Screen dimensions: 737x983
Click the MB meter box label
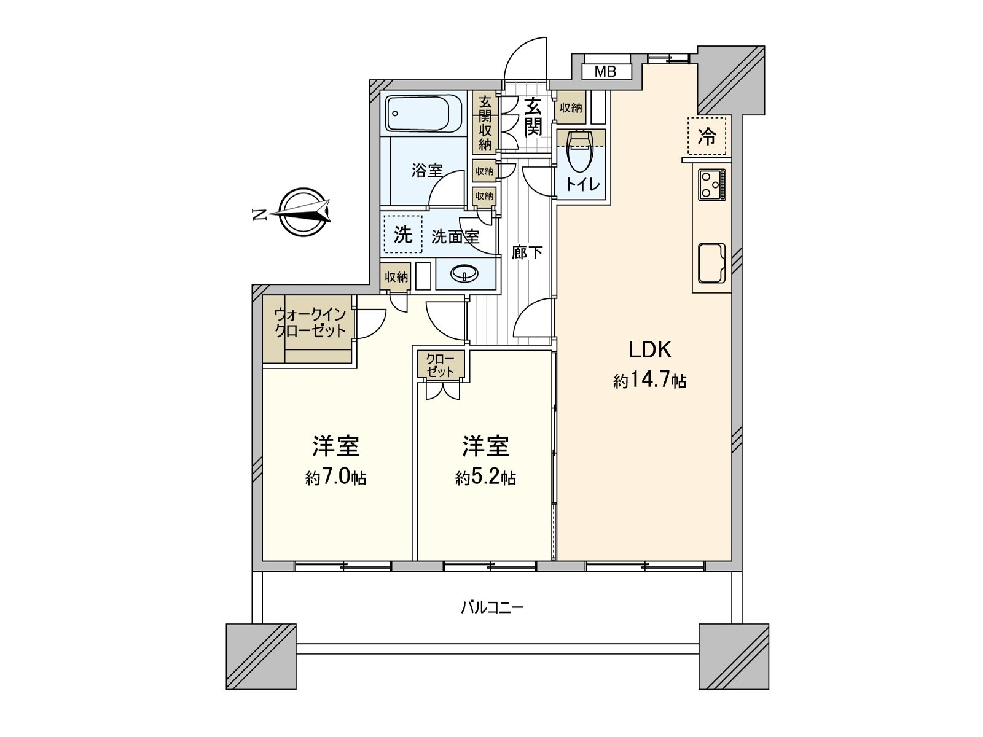(x=605, y=72)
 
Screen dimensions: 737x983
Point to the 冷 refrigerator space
(x=707, y=136)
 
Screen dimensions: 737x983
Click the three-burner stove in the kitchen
(x=711, y=184)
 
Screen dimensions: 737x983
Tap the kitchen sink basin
(x=711, y=263)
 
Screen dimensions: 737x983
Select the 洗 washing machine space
(x=402, y=234)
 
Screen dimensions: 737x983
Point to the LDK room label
(x=649, y=349)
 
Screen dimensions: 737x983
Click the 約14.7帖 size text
(x=649, y=381)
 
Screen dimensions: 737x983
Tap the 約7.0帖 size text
(x=335, y=478)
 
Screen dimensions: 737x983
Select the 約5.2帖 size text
(x=485, y=478)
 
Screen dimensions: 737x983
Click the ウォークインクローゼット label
(x=310, y=322)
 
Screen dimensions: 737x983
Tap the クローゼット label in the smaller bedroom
(x=440, y=365)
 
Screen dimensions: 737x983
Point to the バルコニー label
(x=492, y=608)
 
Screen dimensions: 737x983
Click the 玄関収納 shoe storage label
(x=485, y=123)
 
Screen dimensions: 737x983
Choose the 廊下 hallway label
(x=527, y=252)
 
